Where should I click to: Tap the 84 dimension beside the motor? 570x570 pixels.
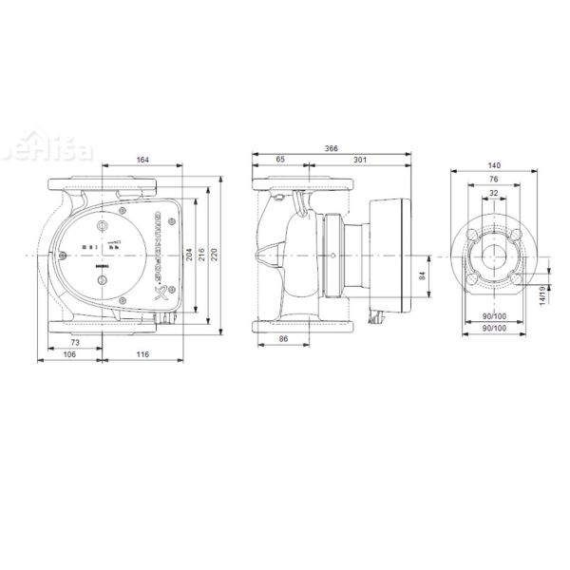pyautogui.click(x=422, y=276)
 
